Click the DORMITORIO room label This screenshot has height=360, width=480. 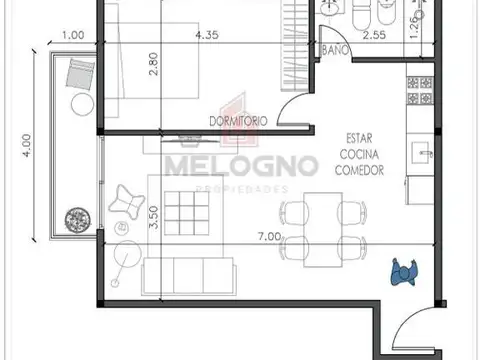pos(238,121)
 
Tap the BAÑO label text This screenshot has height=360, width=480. pos(335,50)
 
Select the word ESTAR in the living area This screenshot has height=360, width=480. pos(359,138)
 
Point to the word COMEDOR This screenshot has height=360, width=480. pos(359,170)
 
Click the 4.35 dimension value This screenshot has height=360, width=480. pos(207,35)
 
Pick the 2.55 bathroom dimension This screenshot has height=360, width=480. pos(374,35)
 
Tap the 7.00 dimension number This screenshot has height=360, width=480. pos(270,236)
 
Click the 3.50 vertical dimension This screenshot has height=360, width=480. pos(154,217)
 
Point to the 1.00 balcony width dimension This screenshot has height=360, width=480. pos(73,35)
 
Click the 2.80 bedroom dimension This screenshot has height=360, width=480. pos(154,64)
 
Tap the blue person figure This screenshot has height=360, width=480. pos(404,272)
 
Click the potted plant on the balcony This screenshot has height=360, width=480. pos(78,220)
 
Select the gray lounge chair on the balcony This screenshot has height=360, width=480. pos(80,74)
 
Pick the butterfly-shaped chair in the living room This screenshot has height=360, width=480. pos(127,202)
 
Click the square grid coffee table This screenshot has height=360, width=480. pos(187,213)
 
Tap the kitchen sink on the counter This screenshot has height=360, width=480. pos(422,153)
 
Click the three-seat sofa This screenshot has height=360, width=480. pos(189,276)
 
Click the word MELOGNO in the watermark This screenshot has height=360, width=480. pos(242,166)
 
